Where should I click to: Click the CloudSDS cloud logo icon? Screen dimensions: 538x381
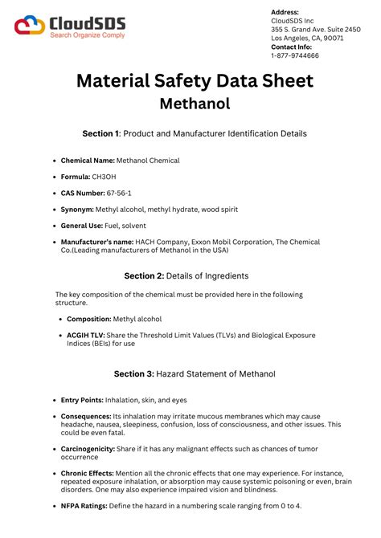coord(30,26)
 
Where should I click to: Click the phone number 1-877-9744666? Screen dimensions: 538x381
coord(295,56)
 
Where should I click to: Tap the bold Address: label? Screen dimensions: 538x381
coord(285,12)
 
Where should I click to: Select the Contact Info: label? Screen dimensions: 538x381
coord(291,47)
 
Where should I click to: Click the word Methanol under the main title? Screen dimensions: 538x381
coord(195,104)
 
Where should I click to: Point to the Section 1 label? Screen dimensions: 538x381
coord(100,133)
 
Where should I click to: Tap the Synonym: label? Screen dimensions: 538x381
coord(83,210)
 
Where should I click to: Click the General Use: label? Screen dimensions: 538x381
coord(87,226)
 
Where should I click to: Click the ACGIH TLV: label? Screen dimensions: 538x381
coord(88,335)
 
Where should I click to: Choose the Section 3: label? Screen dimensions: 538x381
coord(133,374)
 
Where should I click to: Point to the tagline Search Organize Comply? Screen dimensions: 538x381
coord(86,36)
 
